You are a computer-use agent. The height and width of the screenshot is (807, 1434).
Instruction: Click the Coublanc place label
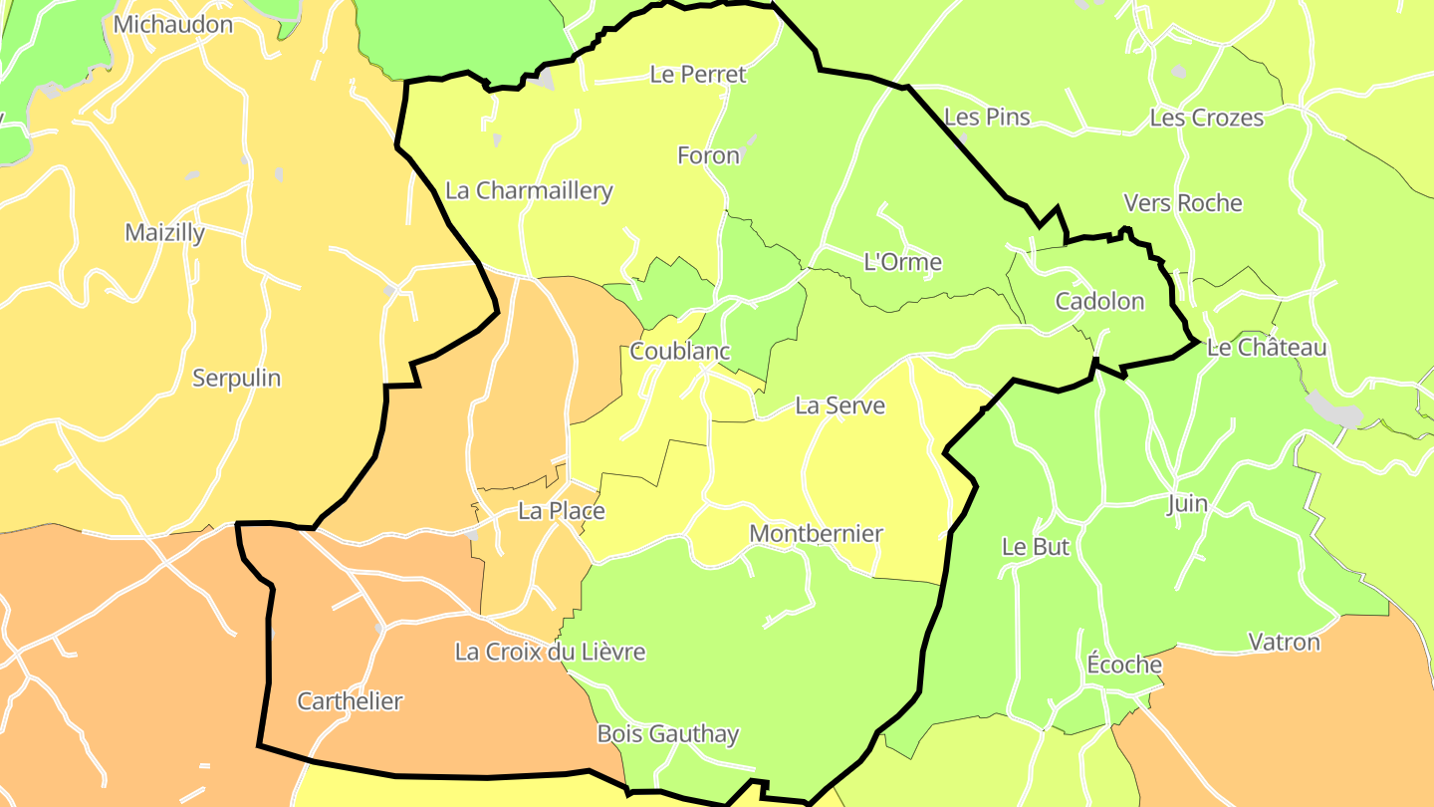(x=680, y=352)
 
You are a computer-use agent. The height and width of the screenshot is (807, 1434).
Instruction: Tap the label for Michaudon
(x=173, y=25)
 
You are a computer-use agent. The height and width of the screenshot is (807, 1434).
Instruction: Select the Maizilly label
(x=165, y=233)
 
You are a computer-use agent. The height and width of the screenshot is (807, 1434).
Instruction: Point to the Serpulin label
(x=237, y=379)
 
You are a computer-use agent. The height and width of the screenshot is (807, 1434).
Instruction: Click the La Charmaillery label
(x=529, y=191)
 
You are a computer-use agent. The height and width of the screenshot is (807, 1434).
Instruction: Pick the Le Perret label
(x=698, y=75)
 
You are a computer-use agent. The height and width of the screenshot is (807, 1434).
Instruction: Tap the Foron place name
(x=708, y=155)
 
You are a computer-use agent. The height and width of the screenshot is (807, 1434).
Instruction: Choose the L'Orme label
(x=902, y=263)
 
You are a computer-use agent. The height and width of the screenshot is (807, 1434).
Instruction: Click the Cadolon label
(x=1099, y=302)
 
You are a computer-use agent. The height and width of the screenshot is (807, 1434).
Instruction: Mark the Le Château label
(x=1267, y=349)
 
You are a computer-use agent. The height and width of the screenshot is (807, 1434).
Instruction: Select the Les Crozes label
(x=1206, y=118)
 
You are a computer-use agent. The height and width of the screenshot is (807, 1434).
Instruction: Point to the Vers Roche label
(x=1183, y=203)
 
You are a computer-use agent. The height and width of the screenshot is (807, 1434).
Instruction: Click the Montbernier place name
(x=816, y=534)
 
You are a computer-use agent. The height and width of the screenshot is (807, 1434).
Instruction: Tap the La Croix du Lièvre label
(x=550, y=653)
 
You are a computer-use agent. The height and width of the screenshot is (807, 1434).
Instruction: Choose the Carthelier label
(x=350, y=701)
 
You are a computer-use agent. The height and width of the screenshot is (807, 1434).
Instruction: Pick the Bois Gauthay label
(x=667, y=735)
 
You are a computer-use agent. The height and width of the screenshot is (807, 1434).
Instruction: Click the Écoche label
(x=1124, y=665)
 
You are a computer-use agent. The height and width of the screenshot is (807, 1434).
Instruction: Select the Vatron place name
(x=1284, y=643)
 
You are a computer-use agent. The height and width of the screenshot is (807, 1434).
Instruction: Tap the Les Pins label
(x=986, y=118)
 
